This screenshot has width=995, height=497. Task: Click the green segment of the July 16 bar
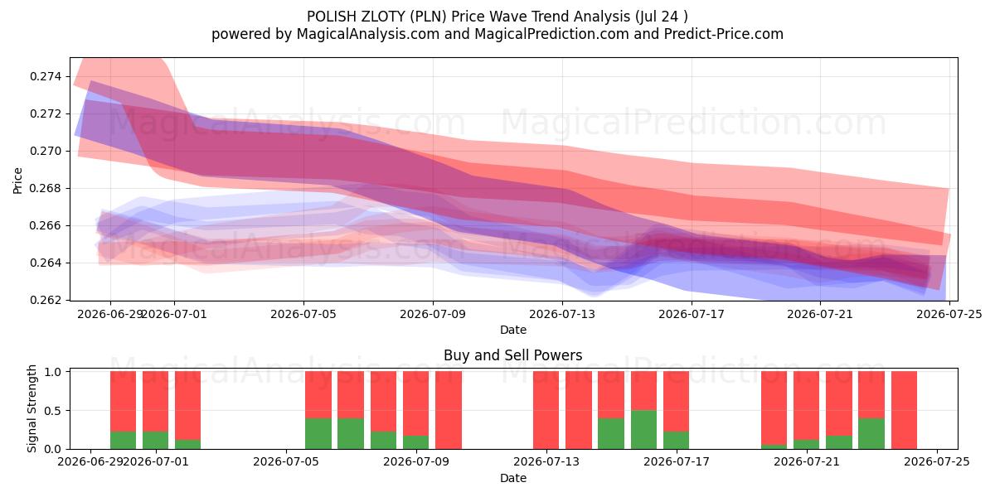pos(643,430)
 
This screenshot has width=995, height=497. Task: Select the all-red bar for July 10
pos(449,410)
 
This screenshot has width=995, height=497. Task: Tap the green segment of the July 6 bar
pos(318,433)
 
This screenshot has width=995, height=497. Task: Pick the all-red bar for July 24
pos(904,410)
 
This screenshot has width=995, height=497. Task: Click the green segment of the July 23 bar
pos(871,433)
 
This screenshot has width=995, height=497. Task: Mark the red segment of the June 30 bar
pos(123,401)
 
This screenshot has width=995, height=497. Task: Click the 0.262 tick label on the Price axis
pos(46,300)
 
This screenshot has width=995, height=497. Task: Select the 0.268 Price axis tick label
pos(46,188)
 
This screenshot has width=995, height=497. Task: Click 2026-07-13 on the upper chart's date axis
pos(562,314)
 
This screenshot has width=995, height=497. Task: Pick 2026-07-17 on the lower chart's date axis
pos(677,461)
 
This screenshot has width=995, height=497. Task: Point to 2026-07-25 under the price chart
pos(949,314)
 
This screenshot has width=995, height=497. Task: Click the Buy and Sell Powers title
pos(512,355)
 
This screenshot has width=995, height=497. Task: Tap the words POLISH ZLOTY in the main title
pos(354,17)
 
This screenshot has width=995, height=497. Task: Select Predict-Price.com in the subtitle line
pos(724,34)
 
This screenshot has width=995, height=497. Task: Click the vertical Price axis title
pos(17,181)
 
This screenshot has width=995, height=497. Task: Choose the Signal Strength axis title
pos(32,408)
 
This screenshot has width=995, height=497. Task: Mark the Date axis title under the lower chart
pos(513,478)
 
